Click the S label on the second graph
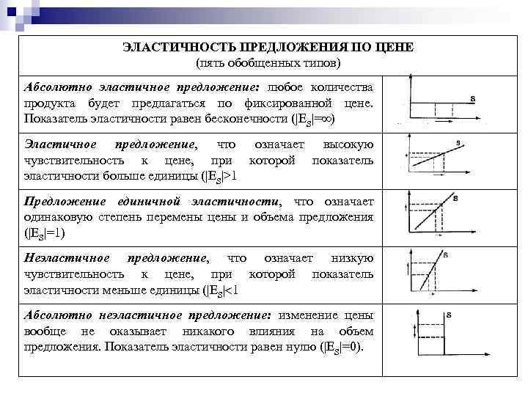(458, 143)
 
